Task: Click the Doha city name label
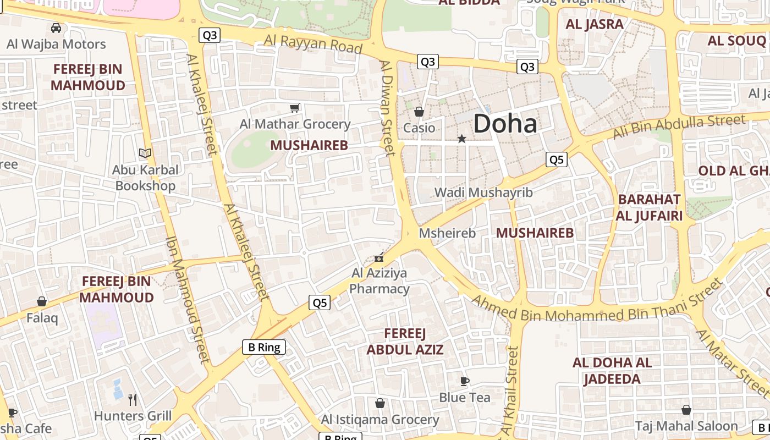pyautogui.click(x=505, y=123)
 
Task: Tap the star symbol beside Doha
pyautogui.click(x=462, y=139)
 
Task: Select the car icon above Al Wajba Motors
pyautogui.click(x=56, y=28)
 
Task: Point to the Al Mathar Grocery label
pyautogui.click(x=295, y=124)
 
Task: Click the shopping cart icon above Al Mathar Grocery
pyautogui.click(x=295, y=108)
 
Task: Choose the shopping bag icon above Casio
pyautogui.click(x=419, y=112)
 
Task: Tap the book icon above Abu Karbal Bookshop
pyautogui.click(x=145, y=153)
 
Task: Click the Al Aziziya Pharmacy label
pyautogui.click(x=380, y=281)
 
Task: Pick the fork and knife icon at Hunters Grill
pyautogui.click(x=133, y=399)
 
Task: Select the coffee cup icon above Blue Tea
pyautogui.click(x=465, y=381)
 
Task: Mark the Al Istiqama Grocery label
pyautogui.click(x=380, y=420)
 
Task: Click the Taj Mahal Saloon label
pyautogui.click(x=686, y=426)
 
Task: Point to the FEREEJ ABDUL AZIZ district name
pyautogui.click(x=405, y=342)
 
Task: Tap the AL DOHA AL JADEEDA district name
pyautogui.click(x=612, y=371)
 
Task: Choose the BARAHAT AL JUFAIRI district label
pyautogui.click(x=649, y=207)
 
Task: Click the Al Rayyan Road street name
pyautogui.click(x=313, y=43)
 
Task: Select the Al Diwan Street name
pyautogui.click(x=387, y=108)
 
